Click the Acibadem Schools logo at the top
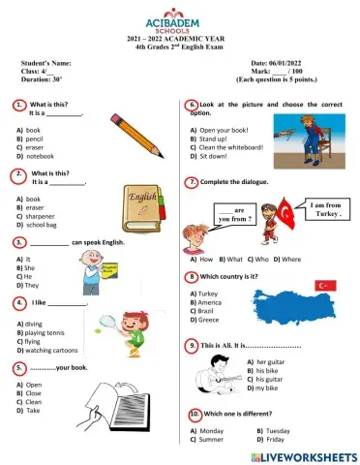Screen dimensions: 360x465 click(x=180, y=20)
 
